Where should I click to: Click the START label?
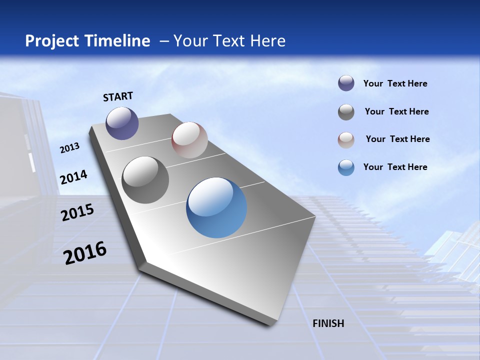(x=118, y=96)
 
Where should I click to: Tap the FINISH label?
(x=328, y=323)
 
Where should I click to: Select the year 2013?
(x=69, y=148)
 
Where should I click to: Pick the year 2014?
(x=73, y=177)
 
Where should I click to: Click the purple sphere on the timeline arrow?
(x=122, y=123)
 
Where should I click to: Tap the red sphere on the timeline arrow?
(x=189, y=140)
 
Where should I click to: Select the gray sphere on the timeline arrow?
(x=145, y=180)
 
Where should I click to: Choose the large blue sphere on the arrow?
(x=216, y=207)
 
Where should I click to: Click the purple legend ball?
(x=346, y=83)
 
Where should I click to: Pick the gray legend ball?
(x=346, y=112)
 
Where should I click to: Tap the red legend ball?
(x=346, y=139)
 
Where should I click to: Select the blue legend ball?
(x=346, y=167)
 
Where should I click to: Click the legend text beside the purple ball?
(x=395, y=83)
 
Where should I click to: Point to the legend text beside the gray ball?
(x=396, y=111)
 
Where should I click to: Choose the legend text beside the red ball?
(x=397, y=139)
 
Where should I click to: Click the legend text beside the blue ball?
(x=395, y=167)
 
